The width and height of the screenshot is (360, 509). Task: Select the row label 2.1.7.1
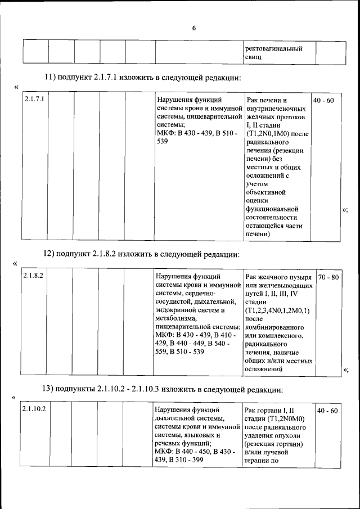click(x=35, y=100)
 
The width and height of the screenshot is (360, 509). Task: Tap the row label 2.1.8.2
click(x=34, y=277)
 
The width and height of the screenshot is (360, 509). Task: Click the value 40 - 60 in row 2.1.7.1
click(x=323, y=100)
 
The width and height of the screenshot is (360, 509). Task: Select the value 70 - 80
click(x=328, y=277)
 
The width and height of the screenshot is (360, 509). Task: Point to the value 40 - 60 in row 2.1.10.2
click(x=327, y=411)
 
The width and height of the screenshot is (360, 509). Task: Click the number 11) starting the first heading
click(x=49, y=77)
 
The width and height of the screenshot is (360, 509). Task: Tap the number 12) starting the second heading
click(x=49, y=254)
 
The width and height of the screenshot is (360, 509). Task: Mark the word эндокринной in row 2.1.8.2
click(x=177, y=310)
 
